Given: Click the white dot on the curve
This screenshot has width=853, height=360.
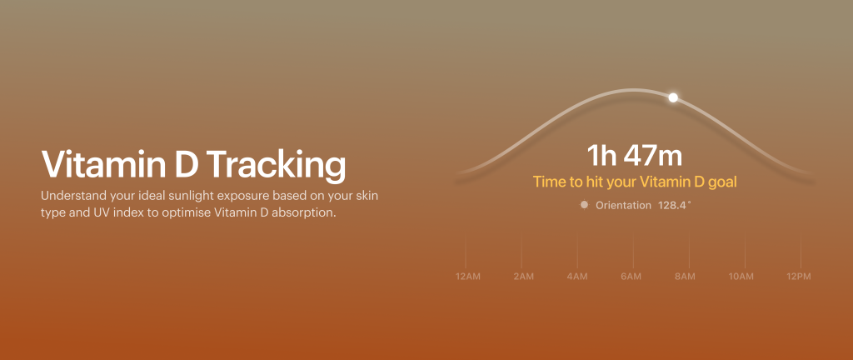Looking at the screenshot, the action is point(673,97).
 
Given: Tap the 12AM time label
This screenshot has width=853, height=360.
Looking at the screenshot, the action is point(468,277).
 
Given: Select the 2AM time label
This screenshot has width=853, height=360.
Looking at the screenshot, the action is point(523,277).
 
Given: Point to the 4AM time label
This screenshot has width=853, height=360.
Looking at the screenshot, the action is point(577,277).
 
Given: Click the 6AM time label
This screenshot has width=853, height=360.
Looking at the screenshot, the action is point(631,277).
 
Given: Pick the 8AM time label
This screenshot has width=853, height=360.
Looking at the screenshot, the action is point(685,277).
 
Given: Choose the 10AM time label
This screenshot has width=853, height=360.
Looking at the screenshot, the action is point(741,277).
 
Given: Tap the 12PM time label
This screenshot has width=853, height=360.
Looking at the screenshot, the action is point(799,277).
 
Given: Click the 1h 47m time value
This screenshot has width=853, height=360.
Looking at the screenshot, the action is point(634,156).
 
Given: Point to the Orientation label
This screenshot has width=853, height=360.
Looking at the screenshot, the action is point(623,205).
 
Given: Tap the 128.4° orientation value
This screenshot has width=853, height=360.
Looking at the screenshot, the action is point(675,205).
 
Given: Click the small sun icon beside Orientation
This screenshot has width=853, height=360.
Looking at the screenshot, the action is point(584,205).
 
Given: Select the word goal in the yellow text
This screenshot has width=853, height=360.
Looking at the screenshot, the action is point(722,182).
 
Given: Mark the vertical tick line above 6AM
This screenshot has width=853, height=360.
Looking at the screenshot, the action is point(633,252).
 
